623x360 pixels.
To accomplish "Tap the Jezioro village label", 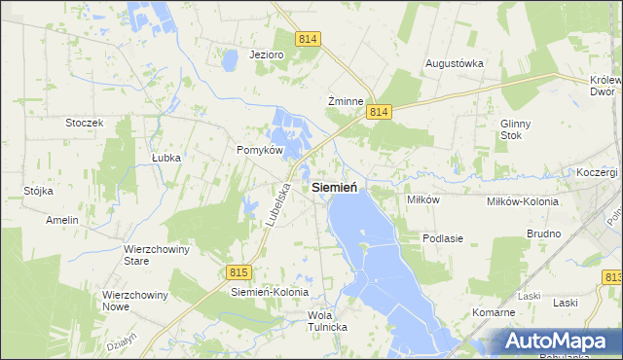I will (x=266, y=54).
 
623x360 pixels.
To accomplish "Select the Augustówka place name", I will (x=455, y=63).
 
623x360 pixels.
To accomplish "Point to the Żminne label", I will (x=346, y=101).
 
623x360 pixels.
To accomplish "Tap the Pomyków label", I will (x=260, y=150).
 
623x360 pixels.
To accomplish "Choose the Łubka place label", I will (x=166, y=157).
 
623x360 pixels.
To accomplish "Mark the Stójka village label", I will (x=38, y=191).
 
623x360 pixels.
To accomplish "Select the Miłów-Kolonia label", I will (x=523, y=201).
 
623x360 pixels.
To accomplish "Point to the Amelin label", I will (x=61, y=220).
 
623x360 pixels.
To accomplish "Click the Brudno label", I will (x=543, y=234).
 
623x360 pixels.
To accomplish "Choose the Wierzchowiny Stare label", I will (x=156, y=255).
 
